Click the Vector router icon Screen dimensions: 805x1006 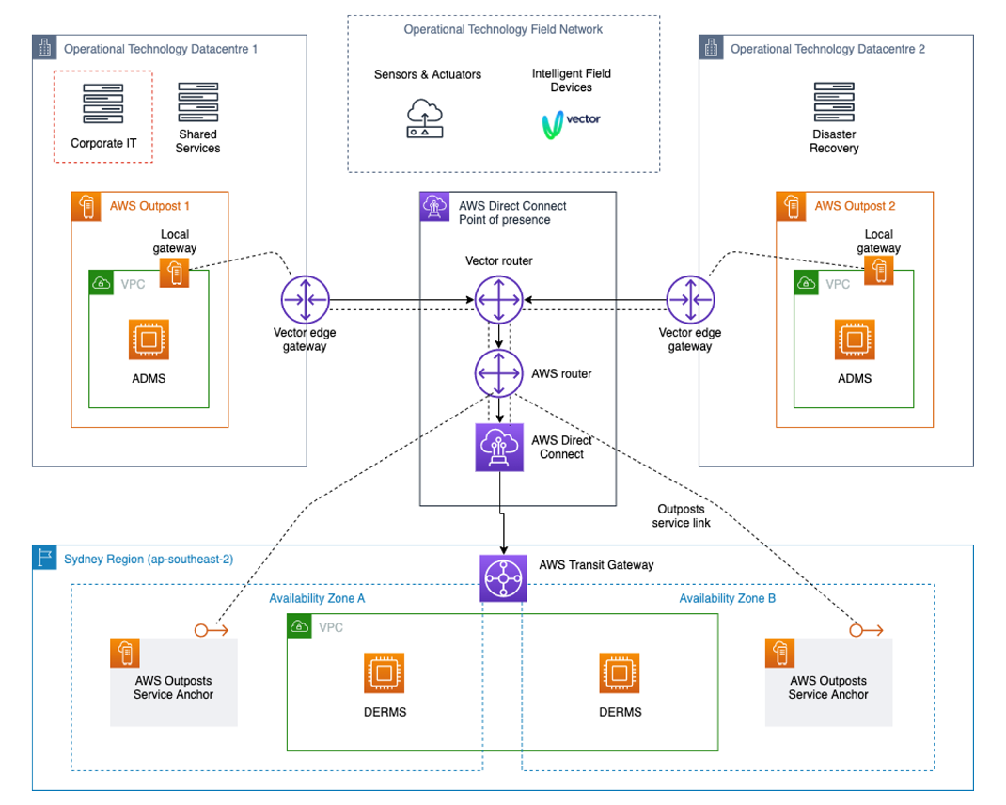pyautogui.click(x=498, y=301)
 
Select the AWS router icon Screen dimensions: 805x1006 pyautogui.click(x=498, y=373)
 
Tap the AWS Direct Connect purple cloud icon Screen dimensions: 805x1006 pyautogui.click(x=498, y=447)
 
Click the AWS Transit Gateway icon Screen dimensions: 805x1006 pyautogui.click(x=504, y=577)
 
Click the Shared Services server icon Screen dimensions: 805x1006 pyautogui.click(x=197, y=103)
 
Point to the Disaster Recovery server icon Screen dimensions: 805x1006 pyautogui.click(x=834, y=103)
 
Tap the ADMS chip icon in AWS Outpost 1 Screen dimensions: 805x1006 pyautogui.click(x=149, y=339)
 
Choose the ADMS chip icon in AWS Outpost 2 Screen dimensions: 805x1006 pyautogui.click(x=854, y=339)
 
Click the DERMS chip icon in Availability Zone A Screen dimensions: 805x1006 pyautogui.click(x=384, y=673)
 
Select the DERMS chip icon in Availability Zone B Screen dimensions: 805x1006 pyautogui.click(x=620, y=673)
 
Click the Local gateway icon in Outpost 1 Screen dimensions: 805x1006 pyautogui.click(x=174, y=273)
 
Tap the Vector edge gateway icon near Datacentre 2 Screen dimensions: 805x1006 pyautogui.click(x=690, y=301)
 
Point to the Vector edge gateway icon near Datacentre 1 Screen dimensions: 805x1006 pyautogui.click(x=305, y=301)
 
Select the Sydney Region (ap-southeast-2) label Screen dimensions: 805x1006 pyautogui.click(x=149, y=559)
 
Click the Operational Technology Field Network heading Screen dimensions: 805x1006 pyautogui.click(x=503, y=29)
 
